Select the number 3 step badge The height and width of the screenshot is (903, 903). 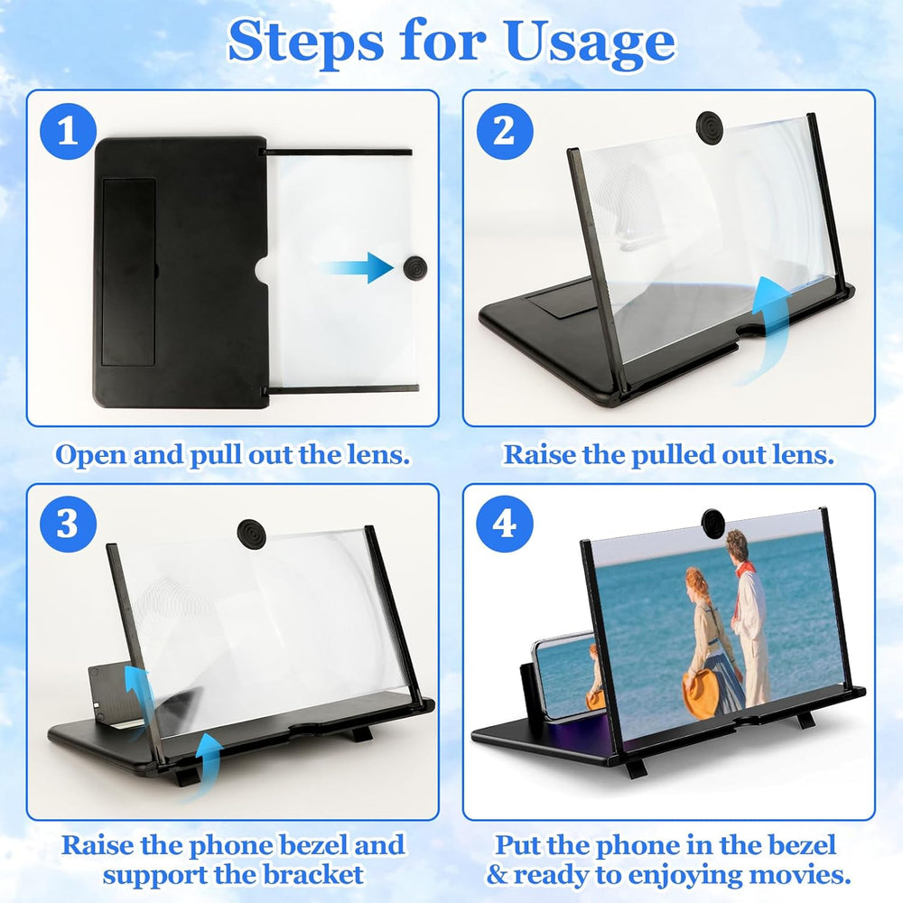(x=66, y=524)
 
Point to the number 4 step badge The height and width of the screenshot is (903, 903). (x=503, y=524)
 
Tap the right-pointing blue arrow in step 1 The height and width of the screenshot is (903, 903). (x=357, y=267)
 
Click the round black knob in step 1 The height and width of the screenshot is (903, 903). (x=415, y=266)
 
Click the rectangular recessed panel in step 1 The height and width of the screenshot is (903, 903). (x=127, y=271)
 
